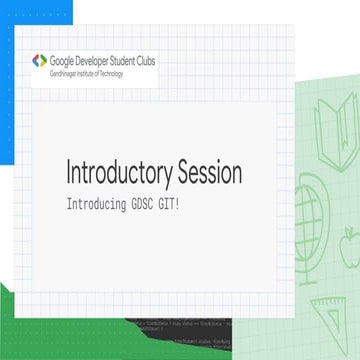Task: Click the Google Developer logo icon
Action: pos(39,61)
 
